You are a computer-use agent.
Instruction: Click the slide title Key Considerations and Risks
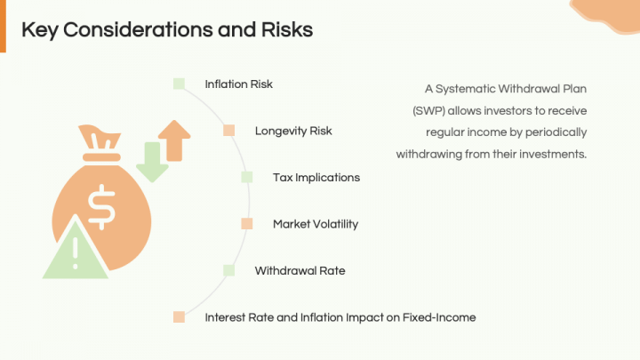(167, 29)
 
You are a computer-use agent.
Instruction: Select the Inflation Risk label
(238, 84)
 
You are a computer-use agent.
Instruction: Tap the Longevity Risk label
(293, 131)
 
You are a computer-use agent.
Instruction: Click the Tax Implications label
(316, 177)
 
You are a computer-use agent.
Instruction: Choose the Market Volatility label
(316, 224)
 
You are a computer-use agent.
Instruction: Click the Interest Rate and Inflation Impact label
(340, 316)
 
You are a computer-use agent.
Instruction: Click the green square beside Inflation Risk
(180, 84)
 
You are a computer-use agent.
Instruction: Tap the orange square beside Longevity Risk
(229, 131)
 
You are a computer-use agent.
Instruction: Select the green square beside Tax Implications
(247, 177)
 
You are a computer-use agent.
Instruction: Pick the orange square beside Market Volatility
(247, 224)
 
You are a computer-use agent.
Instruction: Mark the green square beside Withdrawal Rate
(229, 270)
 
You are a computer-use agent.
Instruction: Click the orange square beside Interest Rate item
(180, 316)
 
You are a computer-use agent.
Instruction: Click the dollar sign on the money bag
(100, 205)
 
